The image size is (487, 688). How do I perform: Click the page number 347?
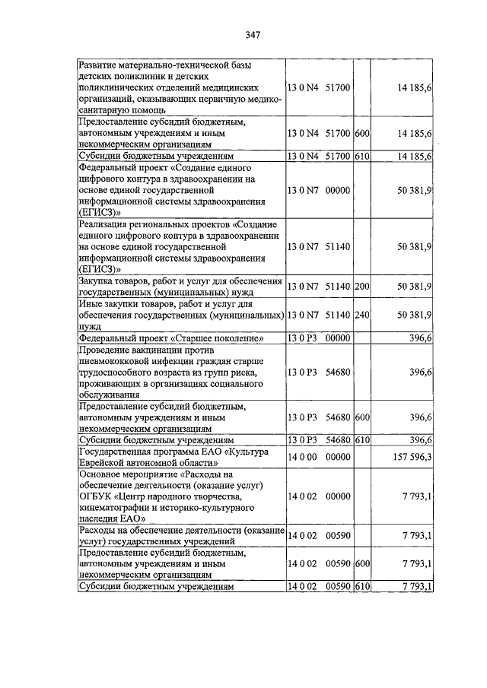254,35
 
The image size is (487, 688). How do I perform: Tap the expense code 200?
361,286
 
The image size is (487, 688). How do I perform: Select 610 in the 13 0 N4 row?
361,156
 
